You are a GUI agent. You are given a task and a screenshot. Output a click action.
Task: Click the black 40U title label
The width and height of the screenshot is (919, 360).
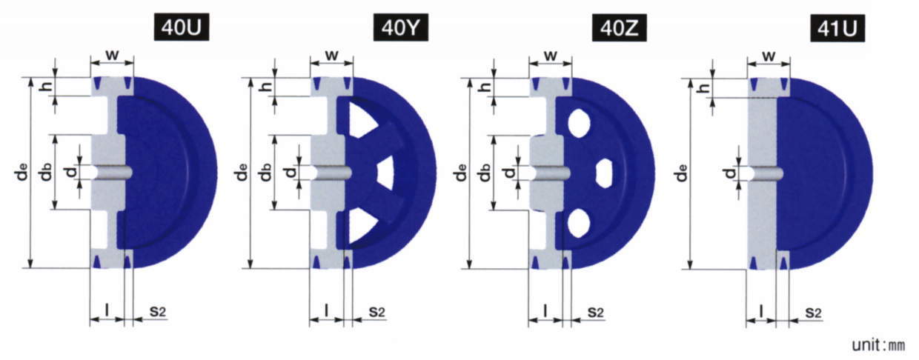[182, 27]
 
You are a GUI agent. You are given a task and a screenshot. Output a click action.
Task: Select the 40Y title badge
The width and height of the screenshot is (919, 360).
[401, 27]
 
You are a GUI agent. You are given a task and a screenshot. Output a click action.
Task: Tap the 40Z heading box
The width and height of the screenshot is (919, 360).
[620, 27]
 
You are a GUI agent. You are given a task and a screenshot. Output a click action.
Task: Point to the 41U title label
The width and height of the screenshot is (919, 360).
[837, 28]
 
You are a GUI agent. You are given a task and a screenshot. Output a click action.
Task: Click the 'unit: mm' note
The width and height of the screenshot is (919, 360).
[878, 345]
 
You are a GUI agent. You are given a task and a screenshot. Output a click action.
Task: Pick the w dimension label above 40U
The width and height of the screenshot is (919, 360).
[112, 55]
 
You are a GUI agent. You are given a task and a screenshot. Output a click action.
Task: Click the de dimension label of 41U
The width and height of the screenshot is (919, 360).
[681, 173]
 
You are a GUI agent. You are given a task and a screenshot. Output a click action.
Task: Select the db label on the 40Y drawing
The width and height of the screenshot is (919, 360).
[266, 172]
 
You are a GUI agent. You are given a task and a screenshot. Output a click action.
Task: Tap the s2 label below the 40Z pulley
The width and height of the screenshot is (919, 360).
[595, 313]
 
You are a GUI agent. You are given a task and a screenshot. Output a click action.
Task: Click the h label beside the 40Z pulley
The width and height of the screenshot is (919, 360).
[485, 87]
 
